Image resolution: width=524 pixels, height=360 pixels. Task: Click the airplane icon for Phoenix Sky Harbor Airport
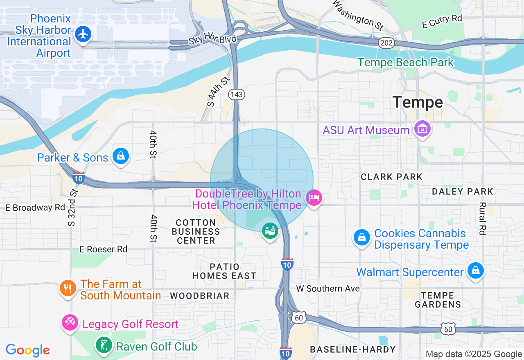click(84, 34)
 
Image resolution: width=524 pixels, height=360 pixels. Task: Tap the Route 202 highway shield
click(386, 43)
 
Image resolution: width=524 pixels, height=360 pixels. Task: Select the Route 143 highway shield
click(237, 94)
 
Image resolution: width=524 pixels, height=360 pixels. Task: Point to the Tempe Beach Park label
click(406, 63)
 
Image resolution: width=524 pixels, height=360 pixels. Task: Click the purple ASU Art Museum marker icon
click(422, 129)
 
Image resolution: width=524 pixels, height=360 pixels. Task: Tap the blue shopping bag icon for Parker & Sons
click(121, 156)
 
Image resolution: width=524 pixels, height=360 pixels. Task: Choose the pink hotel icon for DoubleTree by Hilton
click(314, 198)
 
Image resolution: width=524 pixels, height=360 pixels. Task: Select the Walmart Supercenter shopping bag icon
click(476, 271)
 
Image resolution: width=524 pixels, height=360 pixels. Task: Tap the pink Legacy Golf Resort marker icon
click(70, 323)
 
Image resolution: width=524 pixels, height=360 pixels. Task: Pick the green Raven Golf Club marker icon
click(104, 345)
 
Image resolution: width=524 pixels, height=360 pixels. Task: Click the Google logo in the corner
click(28, 350)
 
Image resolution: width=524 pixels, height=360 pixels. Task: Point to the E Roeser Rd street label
click(104, 249)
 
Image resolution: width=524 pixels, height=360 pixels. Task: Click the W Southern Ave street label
click(328, 289)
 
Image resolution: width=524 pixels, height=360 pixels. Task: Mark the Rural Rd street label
click(483, 218)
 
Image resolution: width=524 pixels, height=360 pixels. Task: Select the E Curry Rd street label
click(442, 21)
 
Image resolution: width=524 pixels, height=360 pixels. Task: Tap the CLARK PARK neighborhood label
click(391, 177)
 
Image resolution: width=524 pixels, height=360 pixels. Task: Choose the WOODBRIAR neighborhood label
click(200, 296)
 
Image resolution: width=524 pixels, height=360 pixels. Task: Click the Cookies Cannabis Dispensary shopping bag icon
click(362, 237)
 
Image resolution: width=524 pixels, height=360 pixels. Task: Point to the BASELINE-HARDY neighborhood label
click(352, 349)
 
